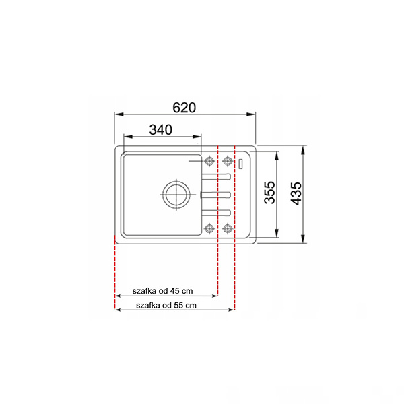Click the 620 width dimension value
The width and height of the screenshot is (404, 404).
184,108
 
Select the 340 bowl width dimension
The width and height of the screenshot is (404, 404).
161,129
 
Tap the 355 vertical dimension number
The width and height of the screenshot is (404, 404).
270,193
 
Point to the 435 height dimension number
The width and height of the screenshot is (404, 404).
296,193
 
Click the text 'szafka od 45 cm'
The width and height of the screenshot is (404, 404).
162,291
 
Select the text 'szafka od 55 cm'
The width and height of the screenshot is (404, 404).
166,306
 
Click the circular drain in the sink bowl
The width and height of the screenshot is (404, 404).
176,195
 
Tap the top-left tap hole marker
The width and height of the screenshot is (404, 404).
209,162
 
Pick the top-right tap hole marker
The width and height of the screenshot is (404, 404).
228,162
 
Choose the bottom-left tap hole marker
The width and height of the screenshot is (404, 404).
209,228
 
